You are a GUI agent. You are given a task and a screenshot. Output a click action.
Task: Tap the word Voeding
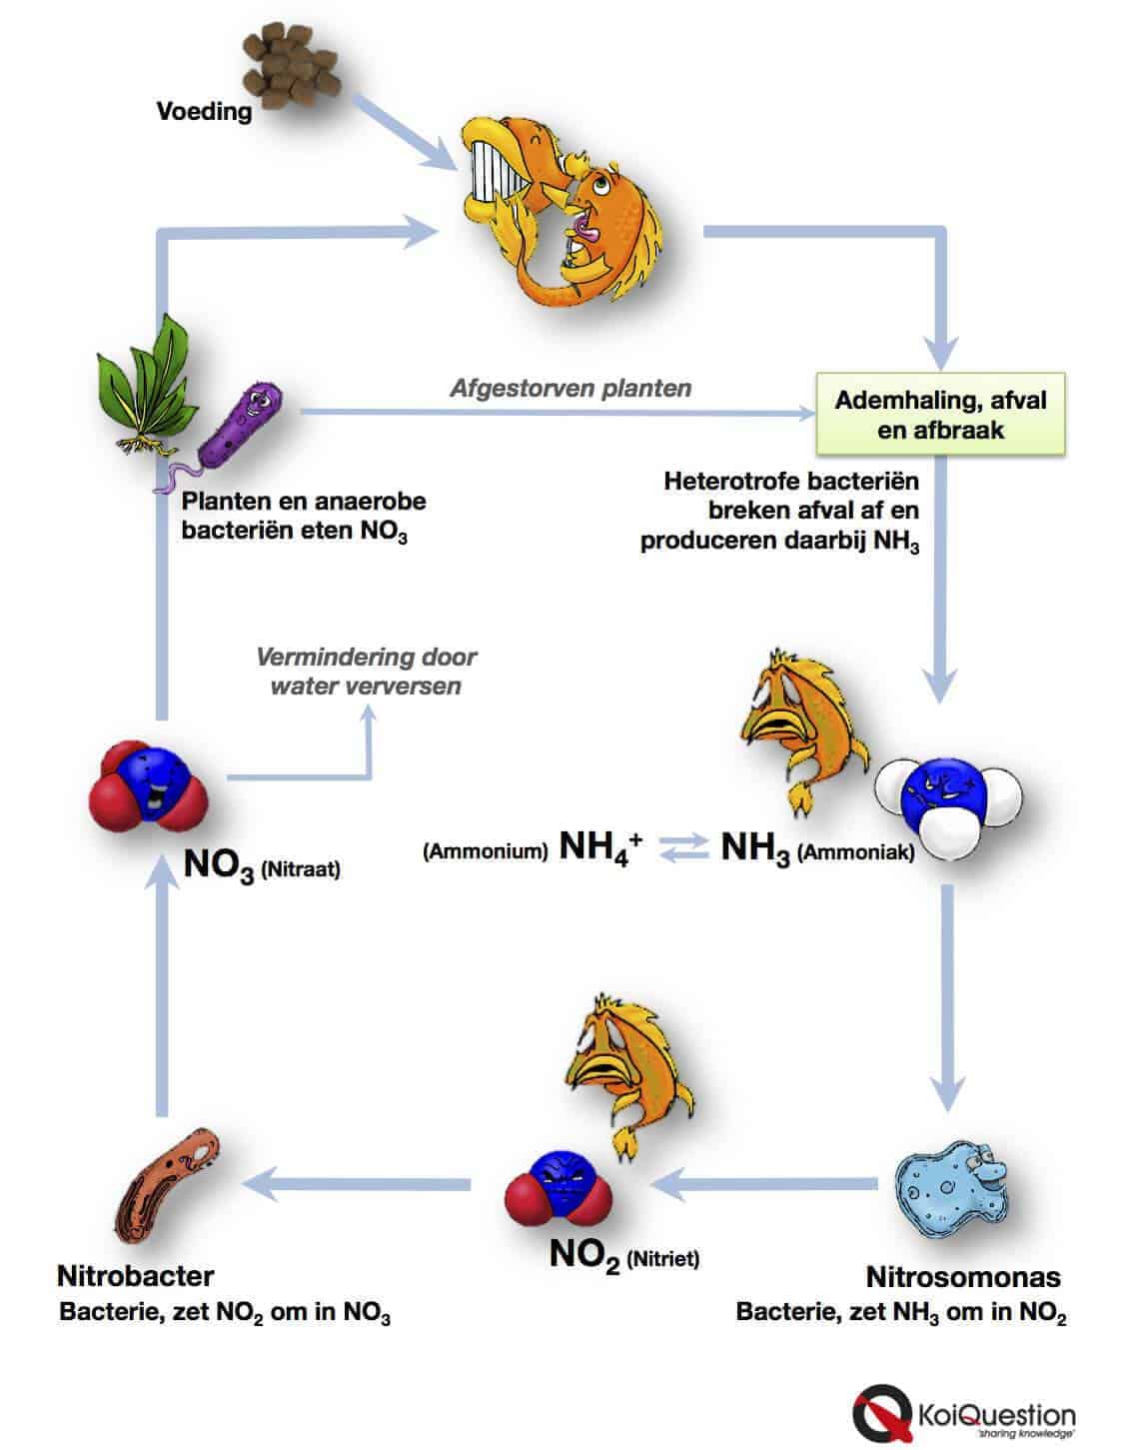tap(204, 111)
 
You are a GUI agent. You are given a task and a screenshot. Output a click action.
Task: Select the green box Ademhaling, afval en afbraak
tap(940, 416)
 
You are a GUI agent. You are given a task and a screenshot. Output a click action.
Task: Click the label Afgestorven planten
tap(569, 388)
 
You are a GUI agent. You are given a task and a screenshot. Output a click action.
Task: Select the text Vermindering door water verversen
tap(366, 672)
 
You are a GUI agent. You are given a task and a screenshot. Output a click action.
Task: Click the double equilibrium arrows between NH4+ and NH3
tap(682, 849)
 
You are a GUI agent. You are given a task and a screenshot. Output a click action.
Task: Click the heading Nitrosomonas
tap(962, 1277)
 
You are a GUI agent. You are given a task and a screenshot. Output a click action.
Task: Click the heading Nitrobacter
tap(135, 1276)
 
